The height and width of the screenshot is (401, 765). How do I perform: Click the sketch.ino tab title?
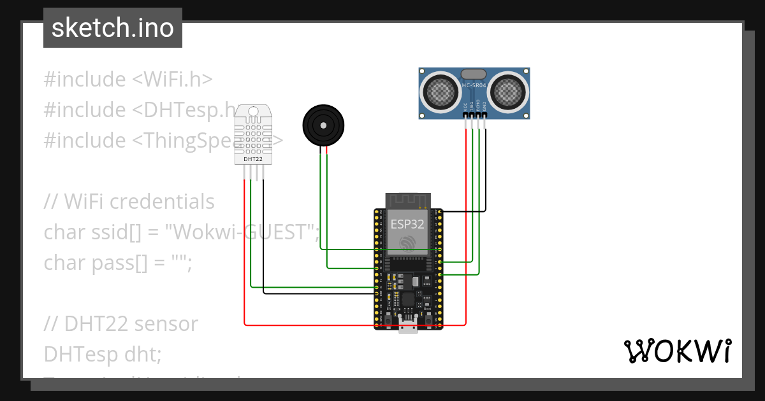pos(112,28)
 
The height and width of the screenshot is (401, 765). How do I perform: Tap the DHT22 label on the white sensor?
pos(253,158)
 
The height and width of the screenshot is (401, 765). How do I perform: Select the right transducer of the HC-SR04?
pos(509,92)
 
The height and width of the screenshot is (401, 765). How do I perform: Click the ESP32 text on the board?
pos(407,223)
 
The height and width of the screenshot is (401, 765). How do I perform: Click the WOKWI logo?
pos(677,351)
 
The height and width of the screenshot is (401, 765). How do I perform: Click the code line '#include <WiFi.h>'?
pos(127,80)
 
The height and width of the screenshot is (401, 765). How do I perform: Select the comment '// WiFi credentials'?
pos(129,202)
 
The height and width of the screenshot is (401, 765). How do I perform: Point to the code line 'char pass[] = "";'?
pos(117,263)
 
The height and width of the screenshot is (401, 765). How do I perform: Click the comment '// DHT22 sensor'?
pos(121,324)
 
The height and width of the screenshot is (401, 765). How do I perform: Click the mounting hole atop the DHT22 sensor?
pos(253,112)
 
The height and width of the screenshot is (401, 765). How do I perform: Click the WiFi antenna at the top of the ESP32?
pos(407,200)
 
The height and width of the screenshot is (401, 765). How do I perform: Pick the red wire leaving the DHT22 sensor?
pos(245,255)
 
